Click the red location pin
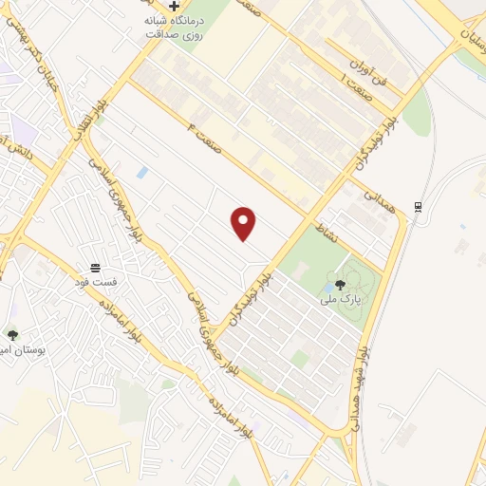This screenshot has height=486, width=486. [244, 223]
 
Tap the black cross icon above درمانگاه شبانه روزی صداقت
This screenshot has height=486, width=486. [174, 6]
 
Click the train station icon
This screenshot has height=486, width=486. [418, 207]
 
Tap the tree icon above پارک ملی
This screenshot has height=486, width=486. [340, 285]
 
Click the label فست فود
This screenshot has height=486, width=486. [95, 283]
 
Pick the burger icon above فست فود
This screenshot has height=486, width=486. [95, 268]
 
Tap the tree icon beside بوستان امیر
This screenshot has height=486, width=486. [12, 335]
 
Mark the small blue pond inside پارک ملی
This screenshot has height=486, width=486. [327, 286]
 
